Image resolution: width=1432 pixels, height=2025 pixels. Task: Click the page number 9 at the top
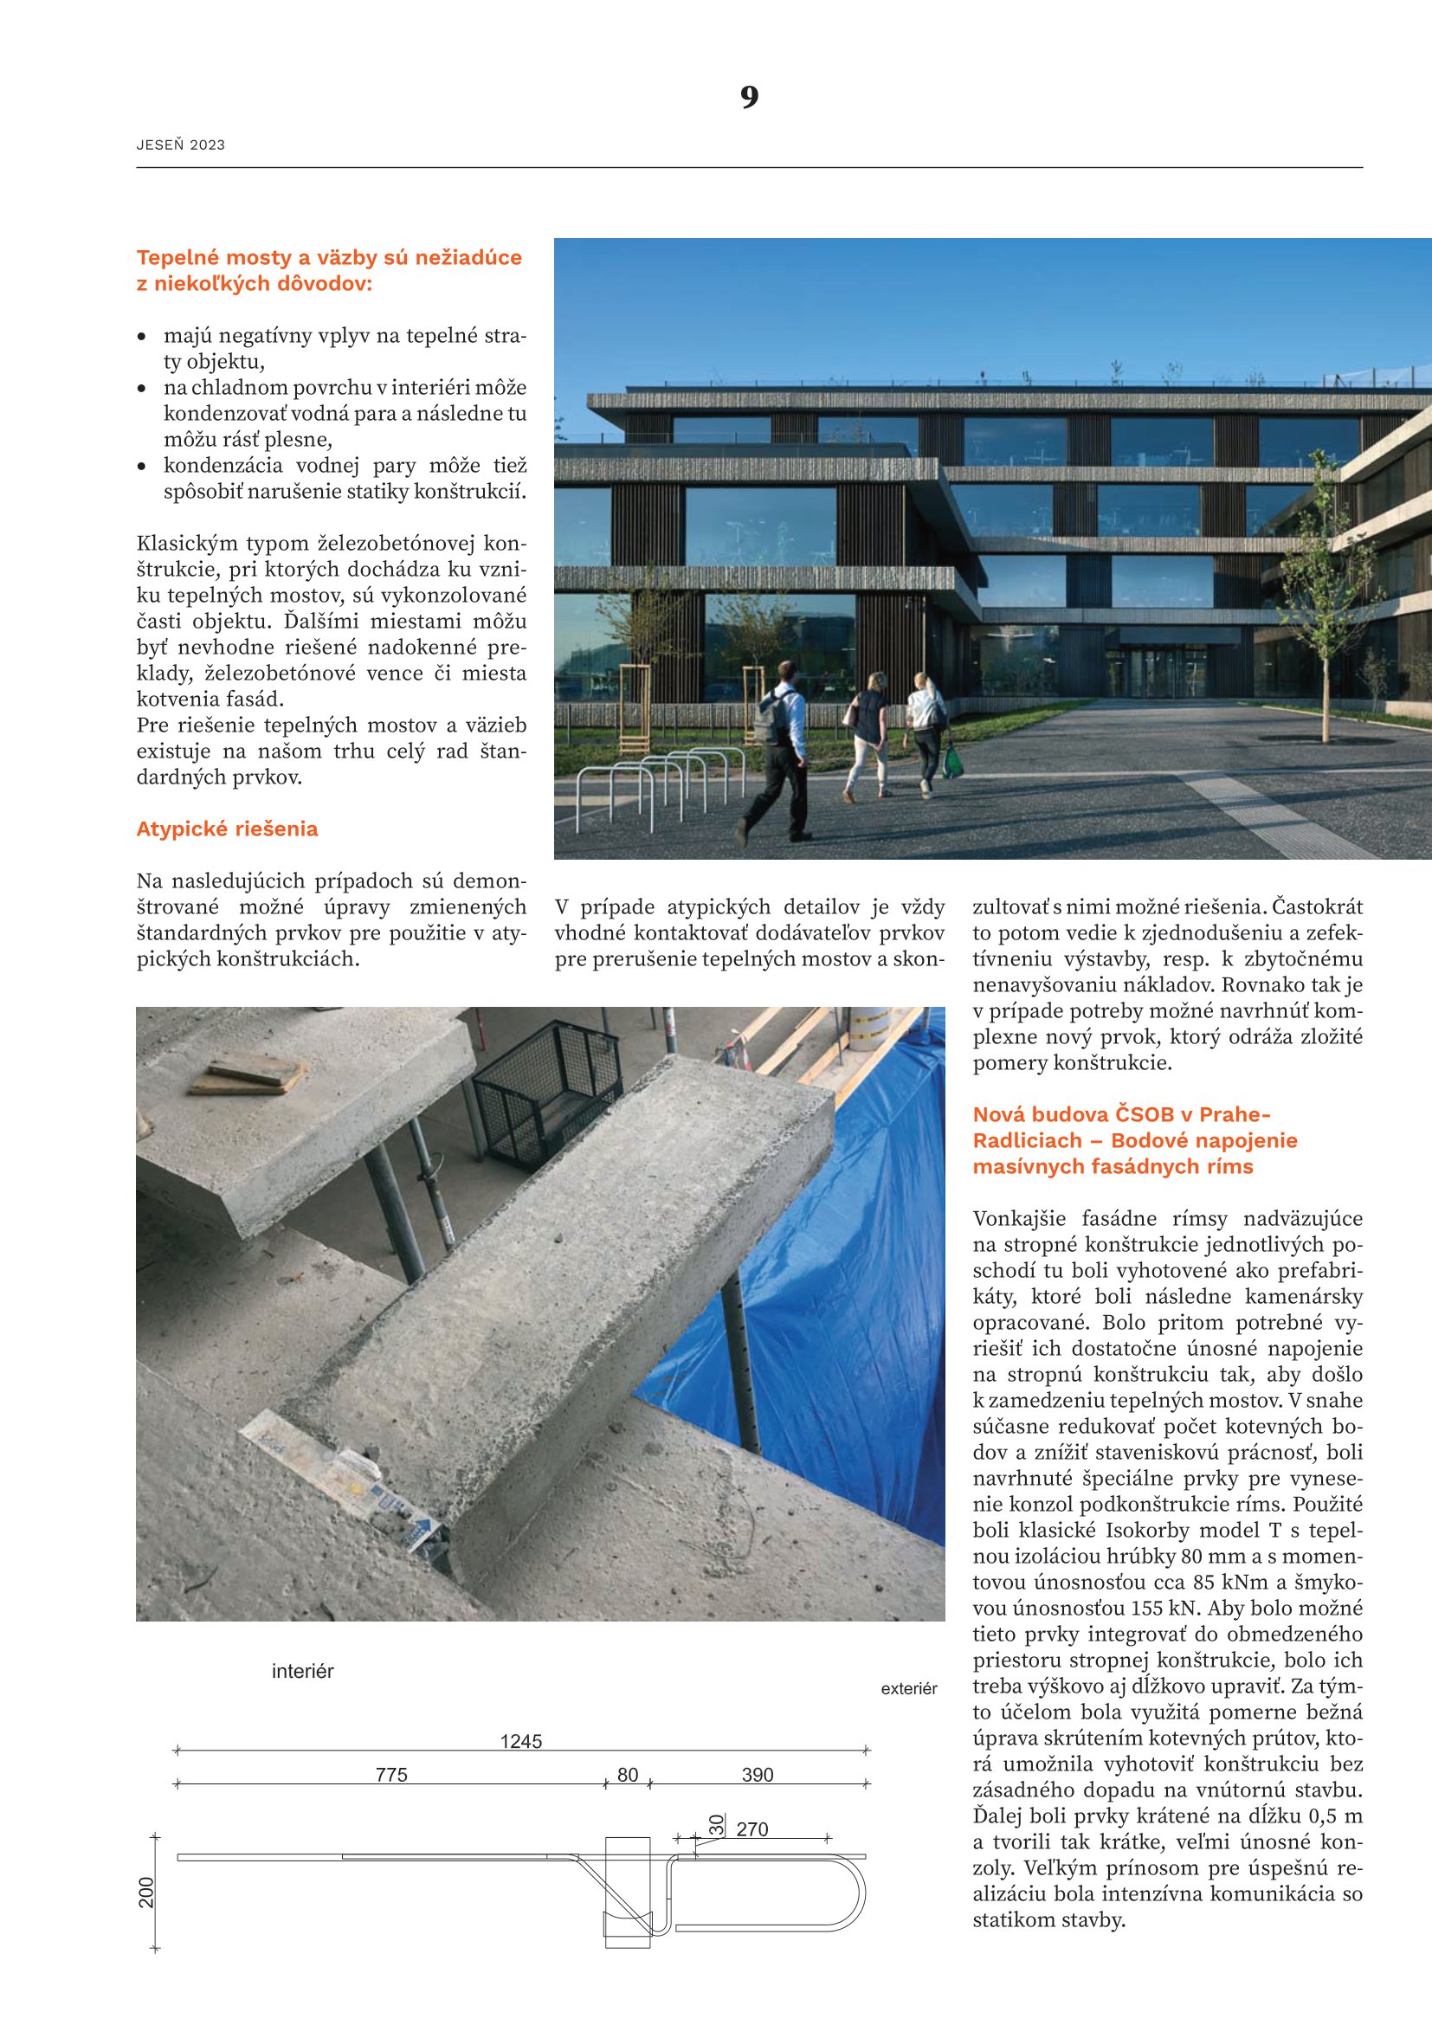(749, 96)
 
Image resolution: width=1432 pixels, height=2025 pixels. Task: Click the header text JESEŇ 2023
(181, 145)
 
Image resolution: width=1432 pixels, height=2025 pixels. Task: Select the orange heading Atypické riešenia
(227, 829)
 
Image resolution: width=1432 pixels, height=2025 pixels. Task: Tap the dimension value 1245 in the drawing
(520, 1742)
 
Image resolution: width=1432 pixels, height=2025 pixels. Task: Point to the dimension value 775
(391, 1775)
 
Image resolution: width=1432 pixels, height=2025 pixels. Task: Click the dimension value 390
(757, 1775)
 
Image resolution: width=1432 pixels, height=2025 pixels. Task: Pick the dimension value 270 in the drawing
(752, 1829)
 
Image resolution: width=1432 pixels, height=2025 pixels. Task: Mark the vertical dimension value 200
(147, 1893)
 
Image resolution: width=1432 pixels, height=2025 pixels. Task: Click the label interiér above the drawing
(302, 1671)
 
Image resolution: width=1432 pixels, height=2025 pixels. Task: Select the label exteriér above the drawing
(908, 1689)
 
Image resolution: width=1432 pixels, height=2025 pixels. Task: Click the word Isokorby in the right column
(1143, 1530)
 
